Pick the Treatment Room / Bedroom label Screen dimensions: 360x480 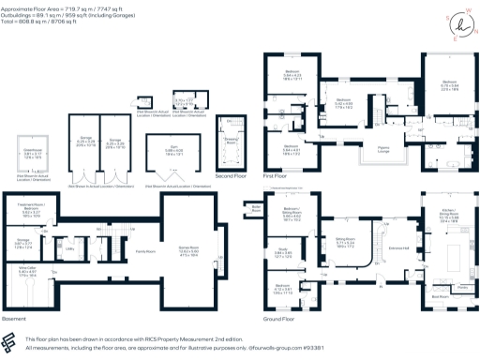32,209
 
